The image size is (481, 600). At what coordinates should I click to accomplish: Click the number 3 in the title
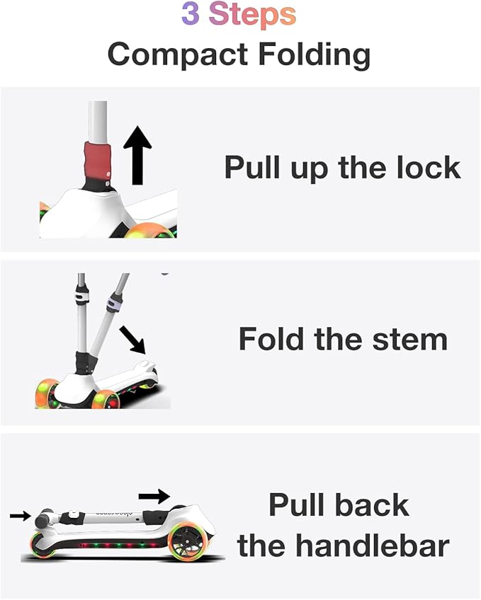point(190,15)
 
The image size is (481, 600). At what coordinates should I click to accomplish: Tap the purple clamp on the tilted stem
point(112,305)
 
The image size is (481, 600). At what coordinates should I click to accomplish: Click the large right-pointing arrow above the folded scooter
point(154,496)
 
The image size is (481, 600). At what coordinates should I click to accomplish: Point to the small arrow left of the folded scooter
point(20,516)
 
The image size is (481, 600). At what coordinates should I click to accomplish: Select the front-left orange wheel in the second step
point(47,394)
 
